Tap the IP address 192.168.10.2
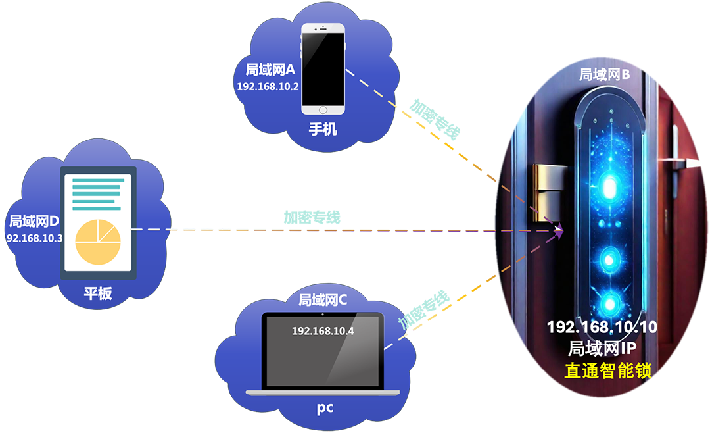tap(268, 87)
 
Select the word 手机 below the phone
tap(323, 129)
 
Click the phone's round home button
tap(323, 111)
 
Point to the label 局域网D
tap(34, 221)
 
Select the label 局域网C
tap(323, 301)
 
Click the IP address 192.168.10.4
tap(323, 330)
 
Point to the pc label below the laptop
tap(324, 408)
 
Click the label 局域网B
tap(604, 74)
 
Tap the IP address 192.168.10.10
tap(602, 327)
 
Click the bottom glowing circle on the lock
tap(611, 302)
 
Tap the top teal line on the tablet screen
tap(97, 179)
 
